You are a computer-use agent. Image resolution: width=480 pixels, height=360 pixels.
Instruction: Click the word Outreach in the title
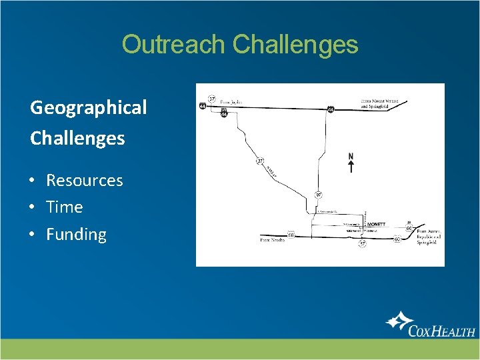point(175,45)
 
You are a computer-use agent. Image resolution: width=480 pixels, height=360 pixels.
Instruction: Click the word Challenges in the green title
point(295,45)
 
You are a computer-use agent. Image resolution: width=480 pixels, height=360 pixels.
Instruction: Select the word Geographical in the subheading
point(89,107)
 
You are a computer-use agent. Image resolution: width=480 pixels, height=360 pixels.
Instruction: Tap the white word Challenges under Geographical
point(77,138)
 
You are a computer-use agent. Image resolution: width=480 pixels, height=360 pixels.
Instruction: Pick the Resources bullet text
point(84,181)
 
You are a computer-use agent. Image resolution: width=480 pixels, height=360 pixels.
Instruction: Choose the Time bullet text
point(64,207)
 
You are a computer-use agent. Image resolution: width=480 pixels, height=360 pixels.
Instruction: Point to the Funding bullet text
point(76,235)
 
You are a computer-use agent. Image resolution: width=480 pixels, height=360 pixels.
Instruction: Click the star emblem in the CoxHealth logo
point(399,322)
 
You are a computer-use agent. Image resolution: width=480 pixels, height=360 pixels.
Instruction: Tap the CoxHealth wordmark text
point(442,330)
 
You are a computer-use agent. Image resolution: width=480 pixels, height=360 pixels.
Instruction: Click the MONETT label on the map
point(376,225)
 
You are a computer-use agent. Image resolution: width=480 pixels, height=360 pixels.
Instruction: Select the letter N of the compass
point(351,157)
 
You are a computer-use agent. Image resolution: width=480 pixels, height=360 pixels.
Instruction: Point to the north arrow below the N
point(351,167)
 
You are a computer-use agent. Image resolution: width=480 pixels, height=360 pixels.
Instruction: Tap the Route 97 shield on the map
point(319,195)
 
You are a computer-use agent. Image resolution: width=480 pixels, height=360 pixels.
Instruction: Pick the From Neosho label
point(272,239)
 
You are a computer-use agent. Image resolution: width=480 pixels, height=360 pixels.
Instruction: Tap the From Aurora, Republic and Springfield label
point(423,237)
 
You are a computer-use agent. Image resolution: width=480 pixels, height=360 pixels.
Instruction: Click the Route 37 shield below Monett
point(363,244)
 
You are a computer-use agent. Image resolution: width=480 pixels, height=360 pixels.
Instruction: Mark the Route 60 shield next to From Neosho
point(291,235)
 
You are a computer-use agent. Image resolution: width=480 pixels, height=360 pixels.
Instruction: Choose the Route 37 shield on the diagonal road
point(259,161)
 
